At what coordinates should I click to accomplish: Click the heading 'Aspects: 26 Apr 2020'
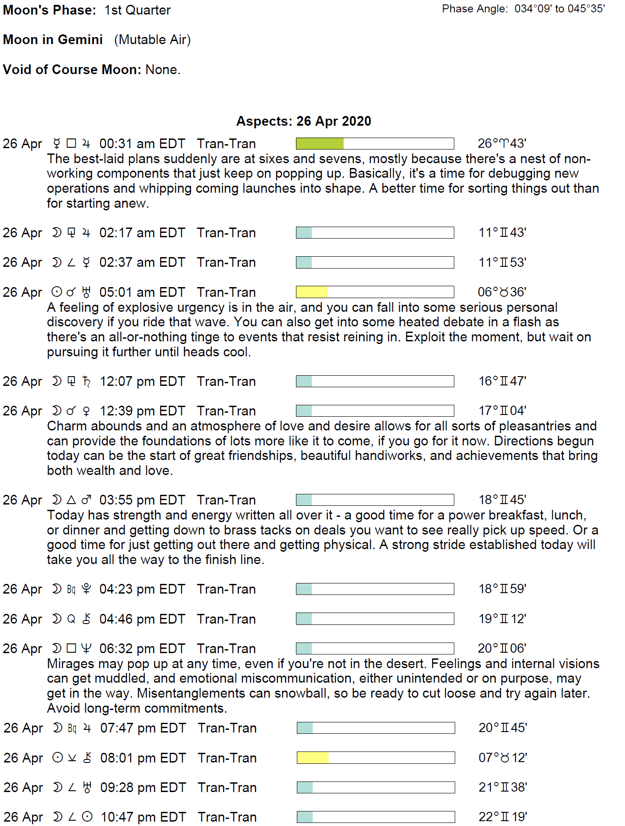303,121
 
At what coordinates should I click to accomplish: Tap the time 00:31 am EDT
142,144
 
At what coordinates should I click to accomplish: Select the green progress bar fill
319,144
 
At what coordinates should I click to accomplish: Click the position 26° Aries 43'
502,144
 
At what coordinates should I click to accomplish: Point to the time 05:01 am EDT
142,292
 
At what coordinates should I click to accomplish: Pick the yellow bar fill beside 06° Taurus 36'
312,292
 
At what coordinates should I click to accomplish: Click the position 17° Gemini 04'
502,411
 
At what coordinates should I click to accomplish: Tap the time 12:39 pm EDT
142,411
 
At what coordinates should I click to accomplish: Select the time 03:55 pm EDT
142,500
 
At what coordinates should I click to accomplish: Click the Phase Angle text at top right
524,9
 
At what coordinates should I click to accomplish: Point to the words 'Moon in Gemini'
53,40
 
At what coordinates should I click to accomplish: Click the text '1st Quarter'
137,10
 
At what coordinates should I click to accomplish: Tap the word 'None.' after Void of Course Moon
163,70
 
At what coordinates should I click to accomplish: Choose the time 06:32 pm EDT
142,649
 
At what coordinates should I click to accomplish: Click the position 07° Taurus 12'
503,758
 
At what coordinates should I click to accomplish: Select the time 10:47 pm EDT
143,817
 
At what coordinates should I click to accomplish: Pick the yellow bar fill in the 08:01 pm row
313,758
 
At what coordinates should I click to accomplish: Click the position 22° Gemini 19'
503,817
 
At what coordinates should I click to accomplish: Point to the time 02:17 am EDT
142,233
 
